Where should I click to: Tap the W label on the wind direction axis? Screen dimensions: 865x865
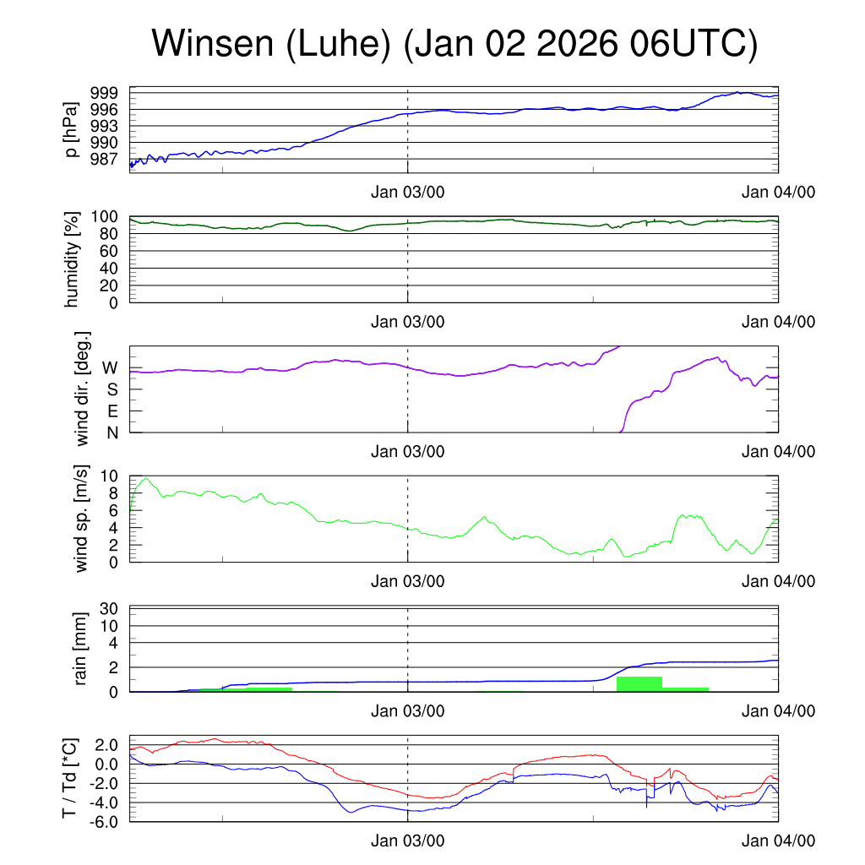tap(111, 367)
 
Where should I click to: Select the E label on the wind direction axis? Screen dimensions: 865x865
tap(112, 411)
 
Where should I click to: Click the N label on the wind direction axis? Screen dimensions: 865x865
tap(112, 432)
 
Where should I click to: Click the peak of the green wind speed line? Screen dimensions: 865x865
tap(147, 479)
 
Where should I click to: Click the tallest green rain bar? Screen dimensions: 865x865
tap(639, 684)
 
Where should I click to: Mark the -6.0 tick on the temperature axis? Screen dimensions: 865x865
tap(103, 820)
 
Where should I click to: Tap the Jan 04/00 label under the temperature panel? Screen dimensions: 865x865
tap(778, 841)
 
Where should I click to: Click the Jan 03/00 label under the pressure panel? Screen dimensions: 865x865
tap(408, 192)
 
